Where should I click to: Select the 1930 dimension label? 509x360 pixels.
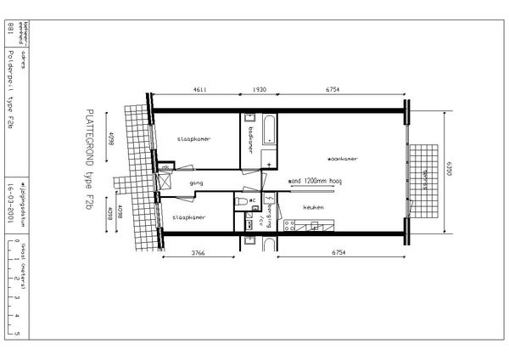pyautogui.click(x=260, y=90)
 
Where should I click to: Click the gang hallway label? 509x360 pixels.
pyautogui.click(x=196, y=183)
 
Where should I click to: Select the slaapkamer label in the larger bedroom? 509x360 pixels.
pyautogui.click(x=193, y=138)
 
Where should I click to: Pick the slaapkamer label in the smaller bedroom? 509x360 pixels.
pyautogui.click(x=188, y=217)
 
